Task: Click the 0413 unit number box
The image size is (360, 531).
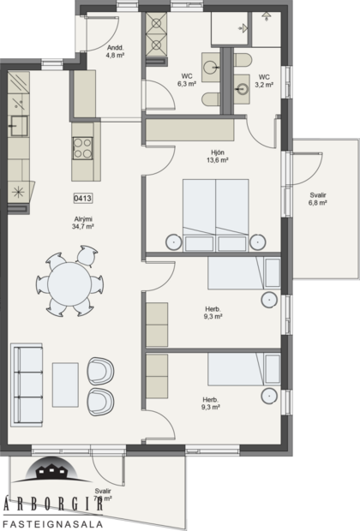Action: coord(83,199)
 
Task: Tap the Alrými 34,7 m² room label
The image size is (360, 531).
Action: coord(83,224)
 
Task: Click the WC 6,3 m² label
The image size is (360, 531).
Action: coord(186,81)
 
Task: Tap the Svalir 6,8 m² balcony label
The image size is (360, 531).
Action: coord(318,200)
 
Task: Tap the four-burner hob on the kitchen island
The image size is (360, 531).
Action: coord(83,147)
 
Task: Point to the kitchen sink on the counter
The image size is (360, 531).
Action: coord(16,128)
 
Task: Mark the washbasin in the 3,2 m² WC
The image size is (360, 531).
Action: coord(243,87)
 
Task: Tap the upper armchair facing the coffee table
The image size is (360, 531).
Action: coord(100,371)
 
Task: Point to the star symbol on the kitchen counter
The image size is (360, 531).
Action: coord(16,190)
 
